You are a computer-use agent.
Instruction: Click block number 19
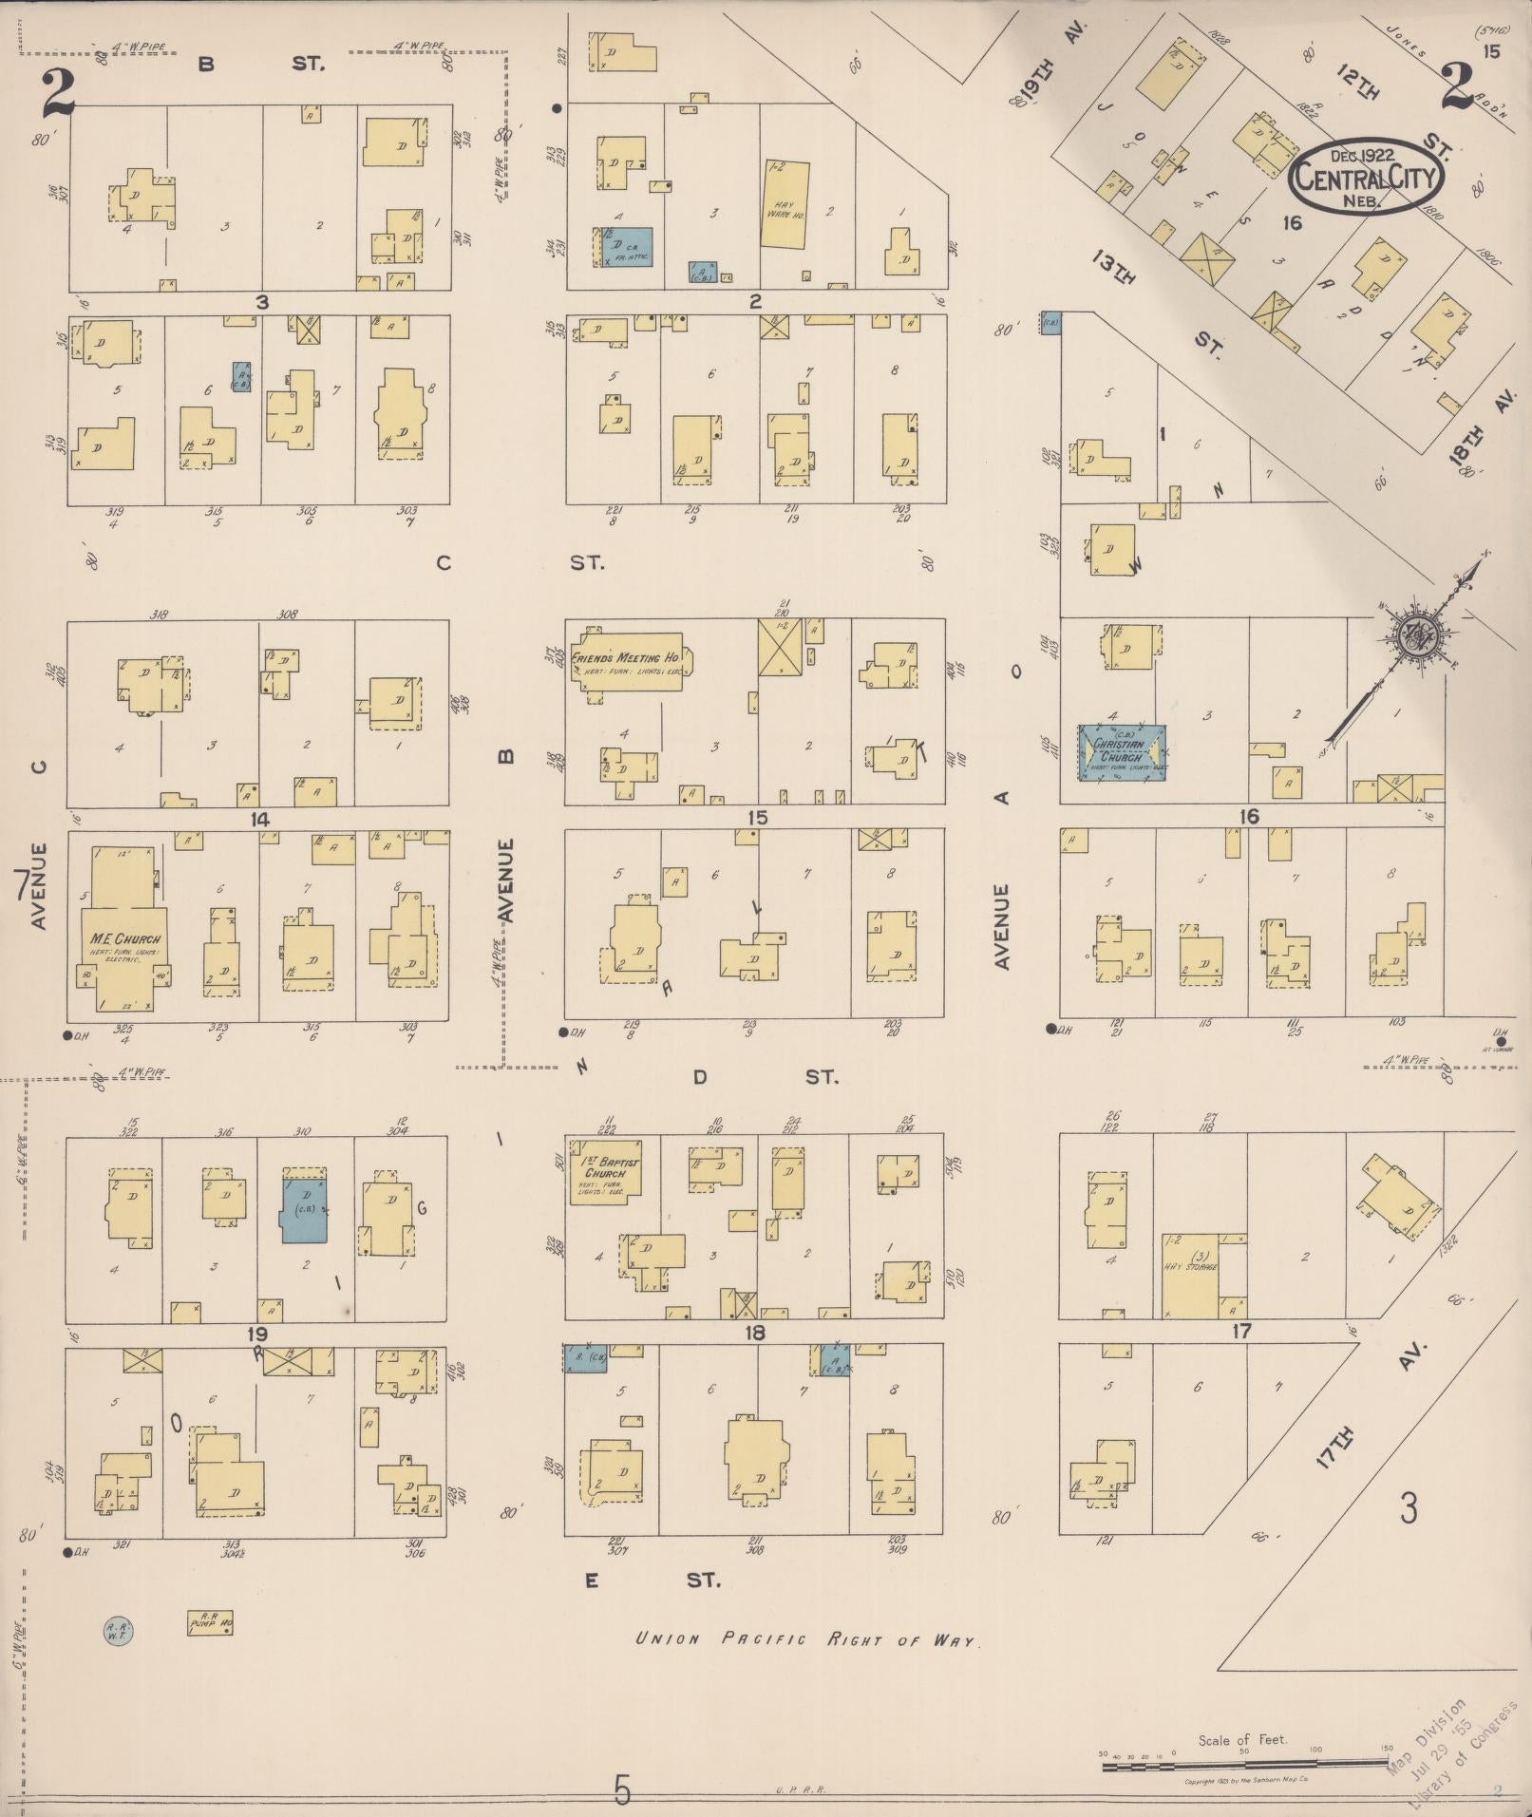pos(257,1334)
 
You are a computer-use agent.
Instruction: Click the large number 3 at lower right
pos(1409,1507)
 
